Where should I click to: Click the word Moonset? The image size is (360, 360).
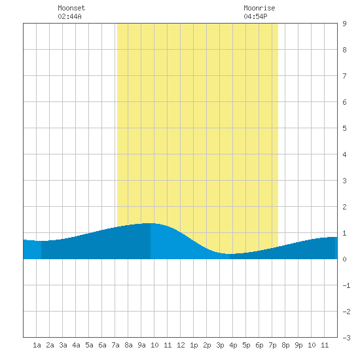pos(71,8)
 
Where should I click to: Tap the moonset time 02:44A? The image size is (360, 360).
pos(69,16)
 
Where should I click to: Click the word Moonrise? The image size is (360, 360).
pos(259,8)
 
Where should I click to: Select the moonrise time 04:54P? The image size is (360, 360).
pos(255,16)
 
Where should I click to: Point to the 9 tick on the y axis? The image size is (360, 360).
pos(344,24)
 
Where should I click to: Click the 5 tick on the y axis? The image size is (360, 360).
pos(344,128)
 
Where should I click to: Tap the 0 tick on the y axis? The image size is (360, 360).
pos(344,259)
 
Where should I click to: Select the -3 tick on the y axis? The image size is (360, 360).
pos(346,338)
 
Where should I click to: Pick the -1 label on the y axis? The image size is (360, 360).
pos(346,285)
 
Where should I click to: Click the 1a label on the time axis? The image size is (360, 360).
pos(37,345)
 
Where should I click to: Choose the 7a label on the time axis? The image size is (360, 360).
pos(115,345)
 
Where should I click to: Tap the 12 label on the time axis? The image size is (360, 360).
pos(181,345)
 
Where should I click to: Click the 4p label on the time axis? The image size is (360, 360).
pos(233,345)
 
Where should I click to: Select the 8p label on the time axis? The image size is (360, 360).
pos(285,345)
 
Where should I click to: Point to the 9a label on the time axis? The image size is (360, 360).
pos(141,345)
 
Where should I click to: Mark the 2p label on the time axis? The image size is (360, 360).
pos(207,345)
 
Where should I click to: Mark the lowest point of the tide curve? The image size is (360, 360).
pos(230,254)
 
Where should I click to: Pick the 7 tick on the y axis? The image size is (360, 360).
pos(344,76)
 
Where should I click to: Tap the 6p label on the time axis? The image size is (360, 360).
pos(259,345)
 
